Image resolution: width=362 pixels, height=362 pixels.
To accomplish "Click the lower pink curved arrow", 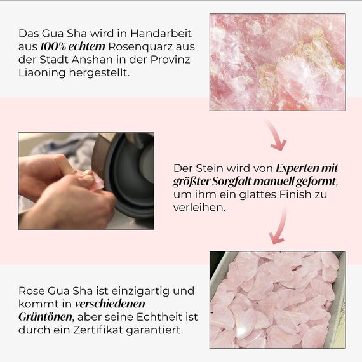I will click(278, 227).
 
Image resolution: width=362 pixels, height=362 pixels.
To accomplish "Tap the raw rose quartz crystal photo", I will click(278, 62).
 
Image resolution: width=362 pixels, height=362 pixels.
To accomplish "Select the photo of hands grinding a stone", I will click(86, 180).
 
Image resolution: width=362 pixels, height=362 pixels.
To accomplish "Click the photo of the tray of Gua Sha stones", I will click(278, 299).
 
